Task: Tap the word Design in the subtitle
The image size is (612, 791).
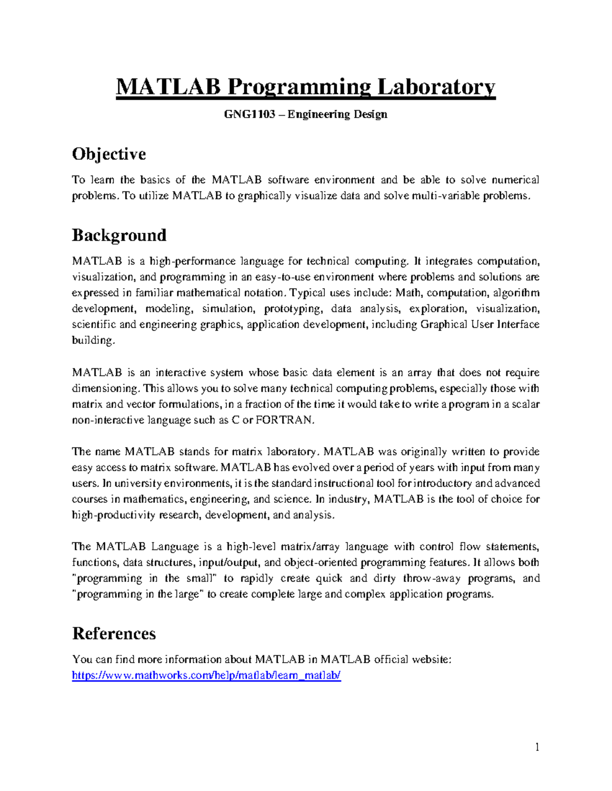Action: [371, 114]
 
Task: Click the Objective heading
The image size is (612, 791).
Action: [109, 154]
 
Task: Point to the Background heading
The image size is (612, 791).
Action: [119, 235]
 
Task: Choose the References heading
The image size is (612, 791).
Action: [114, 633]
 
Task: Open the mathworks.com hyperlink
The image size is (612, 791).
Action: [206, 675]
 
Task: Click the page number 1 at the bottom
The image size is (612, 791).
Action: [537, 747]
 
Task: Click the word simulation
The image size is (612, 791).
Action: [228, 309]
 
